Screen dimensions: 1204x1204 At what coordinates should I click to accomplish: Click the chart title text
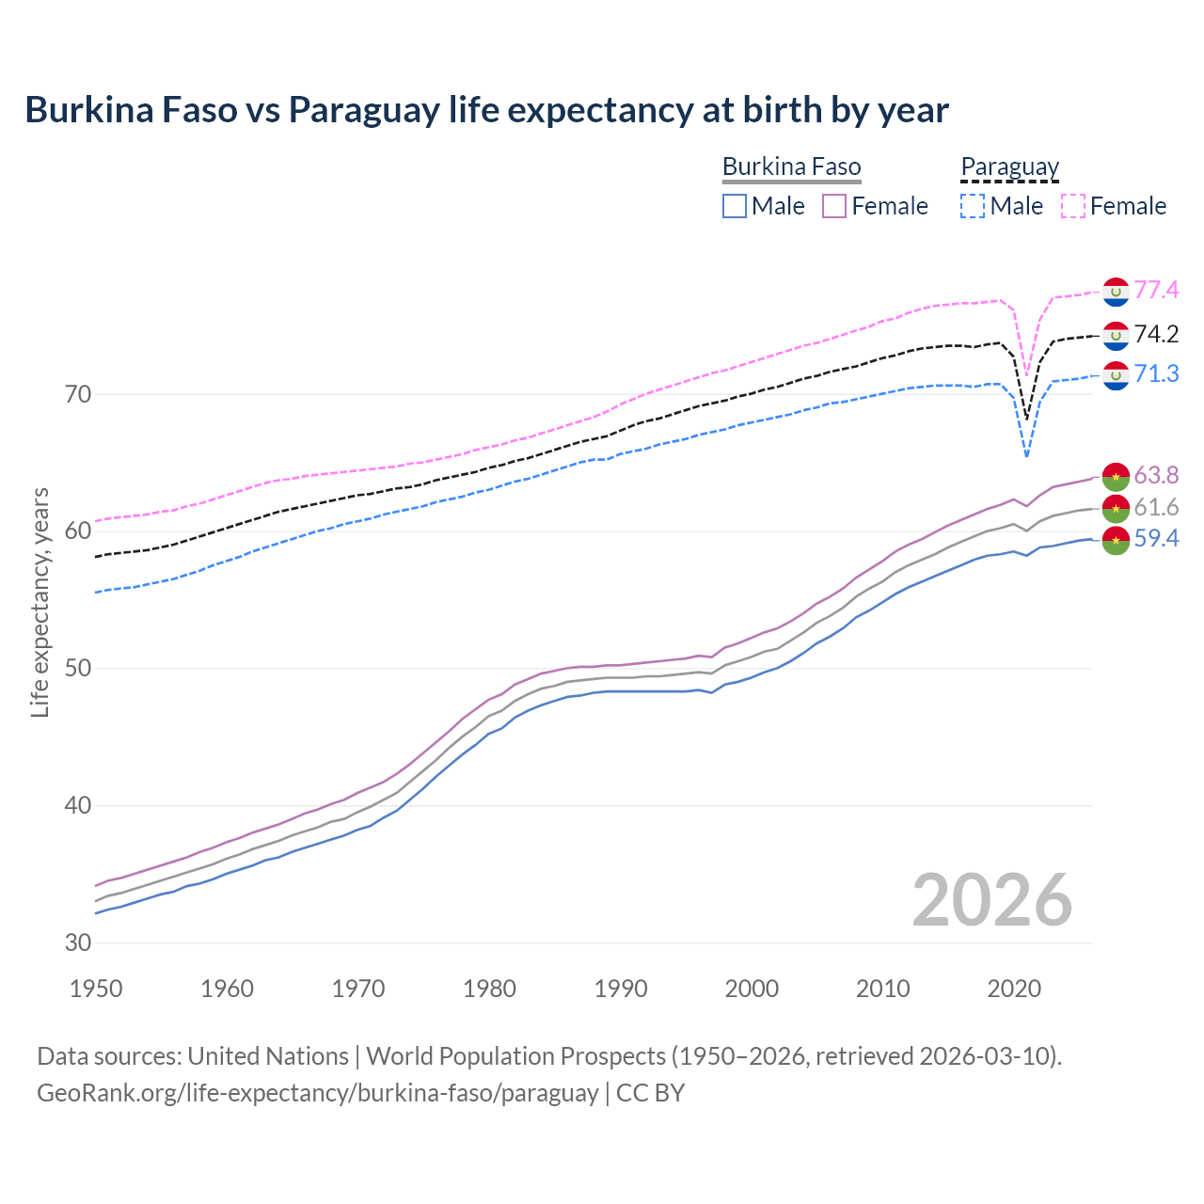486,110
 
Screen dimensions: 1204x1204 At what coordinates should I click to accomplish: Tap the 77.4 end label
1156,290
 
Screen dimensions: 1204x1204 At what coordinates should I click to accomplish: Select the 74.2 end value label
1156,334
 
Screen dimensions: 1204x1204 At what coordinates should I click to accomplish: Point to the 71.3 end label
1156,373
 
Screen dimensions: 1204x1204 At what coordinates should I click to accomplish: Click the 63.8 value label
1156,475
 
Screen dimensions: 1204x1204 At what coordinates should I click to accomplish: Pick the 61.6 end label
1156,508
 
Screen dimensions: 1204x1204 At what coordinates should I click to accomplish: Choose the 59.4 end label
1156,539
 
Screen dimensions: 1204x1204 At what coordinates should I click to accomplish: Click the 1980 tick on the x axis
489,989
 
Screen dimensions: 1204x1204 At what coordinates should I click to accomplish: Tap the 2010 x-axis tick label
882,989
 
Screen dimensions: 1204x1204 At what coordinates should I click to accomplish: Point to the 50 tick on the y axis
78,669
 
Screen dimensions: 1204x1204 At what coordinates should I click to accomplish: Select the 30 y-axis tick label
78,943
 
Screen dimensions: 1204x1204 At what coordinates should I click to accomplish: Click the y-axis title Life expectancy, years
40,602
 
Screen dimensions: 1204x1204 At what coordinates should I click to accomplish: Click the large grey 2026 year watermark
992,900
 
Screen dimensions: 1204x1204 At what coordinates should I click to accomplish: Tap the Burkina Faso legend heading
791,167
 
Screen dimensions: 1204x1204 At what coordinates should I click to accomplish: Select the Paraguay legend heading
1009,167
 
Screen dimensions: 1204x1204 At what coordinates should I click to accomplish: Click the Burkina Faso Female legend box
835,206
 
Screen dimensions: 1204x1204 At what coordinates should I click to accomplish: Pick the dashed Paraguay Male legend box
973,206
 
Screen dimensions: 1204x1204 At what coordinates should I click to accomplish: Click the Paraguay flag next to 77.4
1116,292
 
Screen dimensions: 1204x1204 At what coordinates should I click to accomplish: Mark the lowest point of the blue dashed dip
1026,457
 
